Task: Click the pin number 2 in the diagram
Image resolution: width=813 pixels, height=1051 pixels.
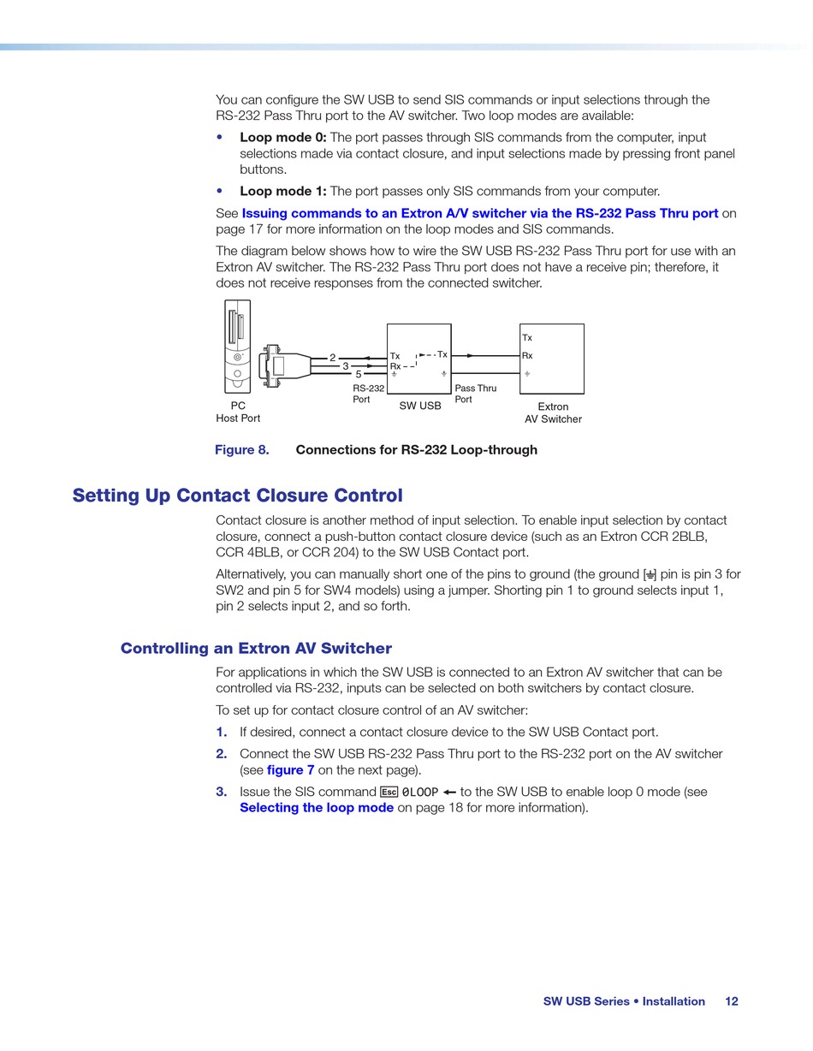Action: point(333,358)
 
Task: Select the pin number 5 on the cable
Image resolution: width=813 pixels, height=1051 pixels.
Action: point(359,374)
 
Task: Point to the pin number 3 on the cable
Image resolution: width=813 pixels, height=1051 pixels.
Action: point(346,365)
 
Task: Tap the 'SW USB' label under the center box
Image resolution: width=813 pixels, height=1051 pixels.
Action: point(420,406)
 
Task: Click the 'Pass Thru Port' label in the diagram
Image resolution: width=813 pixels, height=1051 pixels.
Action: point(475,394)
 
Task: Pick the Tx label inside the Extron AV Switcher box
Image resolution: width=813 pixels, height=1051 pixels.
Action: point(527,338)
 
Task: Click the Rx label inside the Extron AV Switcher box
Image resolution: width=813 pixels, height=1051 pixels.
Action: point(527,356)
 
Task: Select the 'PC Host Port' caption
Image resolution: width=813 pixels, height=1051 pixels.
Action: point(238,412)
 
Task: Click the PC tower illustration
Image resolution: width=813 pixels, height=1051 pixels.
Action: point(237,346)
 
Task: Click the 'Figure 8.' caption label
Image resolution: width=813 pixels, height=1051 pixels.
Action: point(241,450)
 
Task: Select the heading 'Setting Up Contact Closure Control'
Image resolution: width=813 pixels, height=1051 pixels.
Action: point(237,496)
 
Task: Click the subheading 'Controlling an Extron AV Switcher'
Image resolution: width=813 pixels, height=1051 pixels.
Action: point(256,648)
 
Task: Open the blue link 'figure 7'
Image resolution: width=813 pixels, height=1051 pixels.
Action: point(290,770)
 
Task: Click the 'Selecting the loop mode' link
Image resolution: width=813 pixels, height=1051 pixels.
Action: point(317,808)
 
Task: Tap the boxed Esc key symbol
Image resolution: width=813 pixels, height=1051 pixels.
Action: point(389,793)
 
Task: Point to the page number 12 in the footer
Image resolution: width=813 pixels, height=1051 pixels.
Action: point(731,1001)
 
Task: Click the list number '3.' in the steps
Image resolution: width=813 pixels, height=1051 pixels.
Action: point(222,793)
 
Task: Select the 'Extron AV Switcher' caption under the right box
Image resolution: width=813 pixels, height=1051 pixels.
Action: point(553,413)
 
